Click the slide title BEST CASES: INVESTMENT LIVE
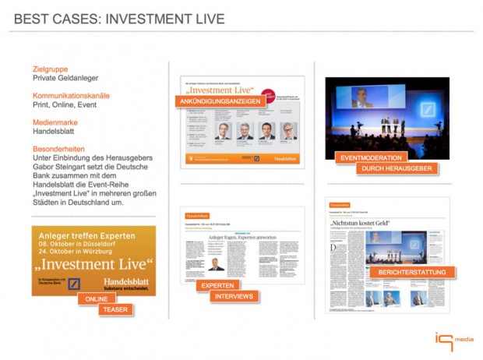(119, 19)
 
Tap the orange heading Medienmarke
(55, 122)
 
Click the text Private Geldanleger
(66, 79)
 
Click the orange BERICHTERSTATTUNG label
(412, 272)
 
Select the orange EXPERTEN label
(217, 286)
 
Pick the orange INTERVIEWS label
(234, 297)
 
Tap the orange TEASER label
(114, 310)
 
